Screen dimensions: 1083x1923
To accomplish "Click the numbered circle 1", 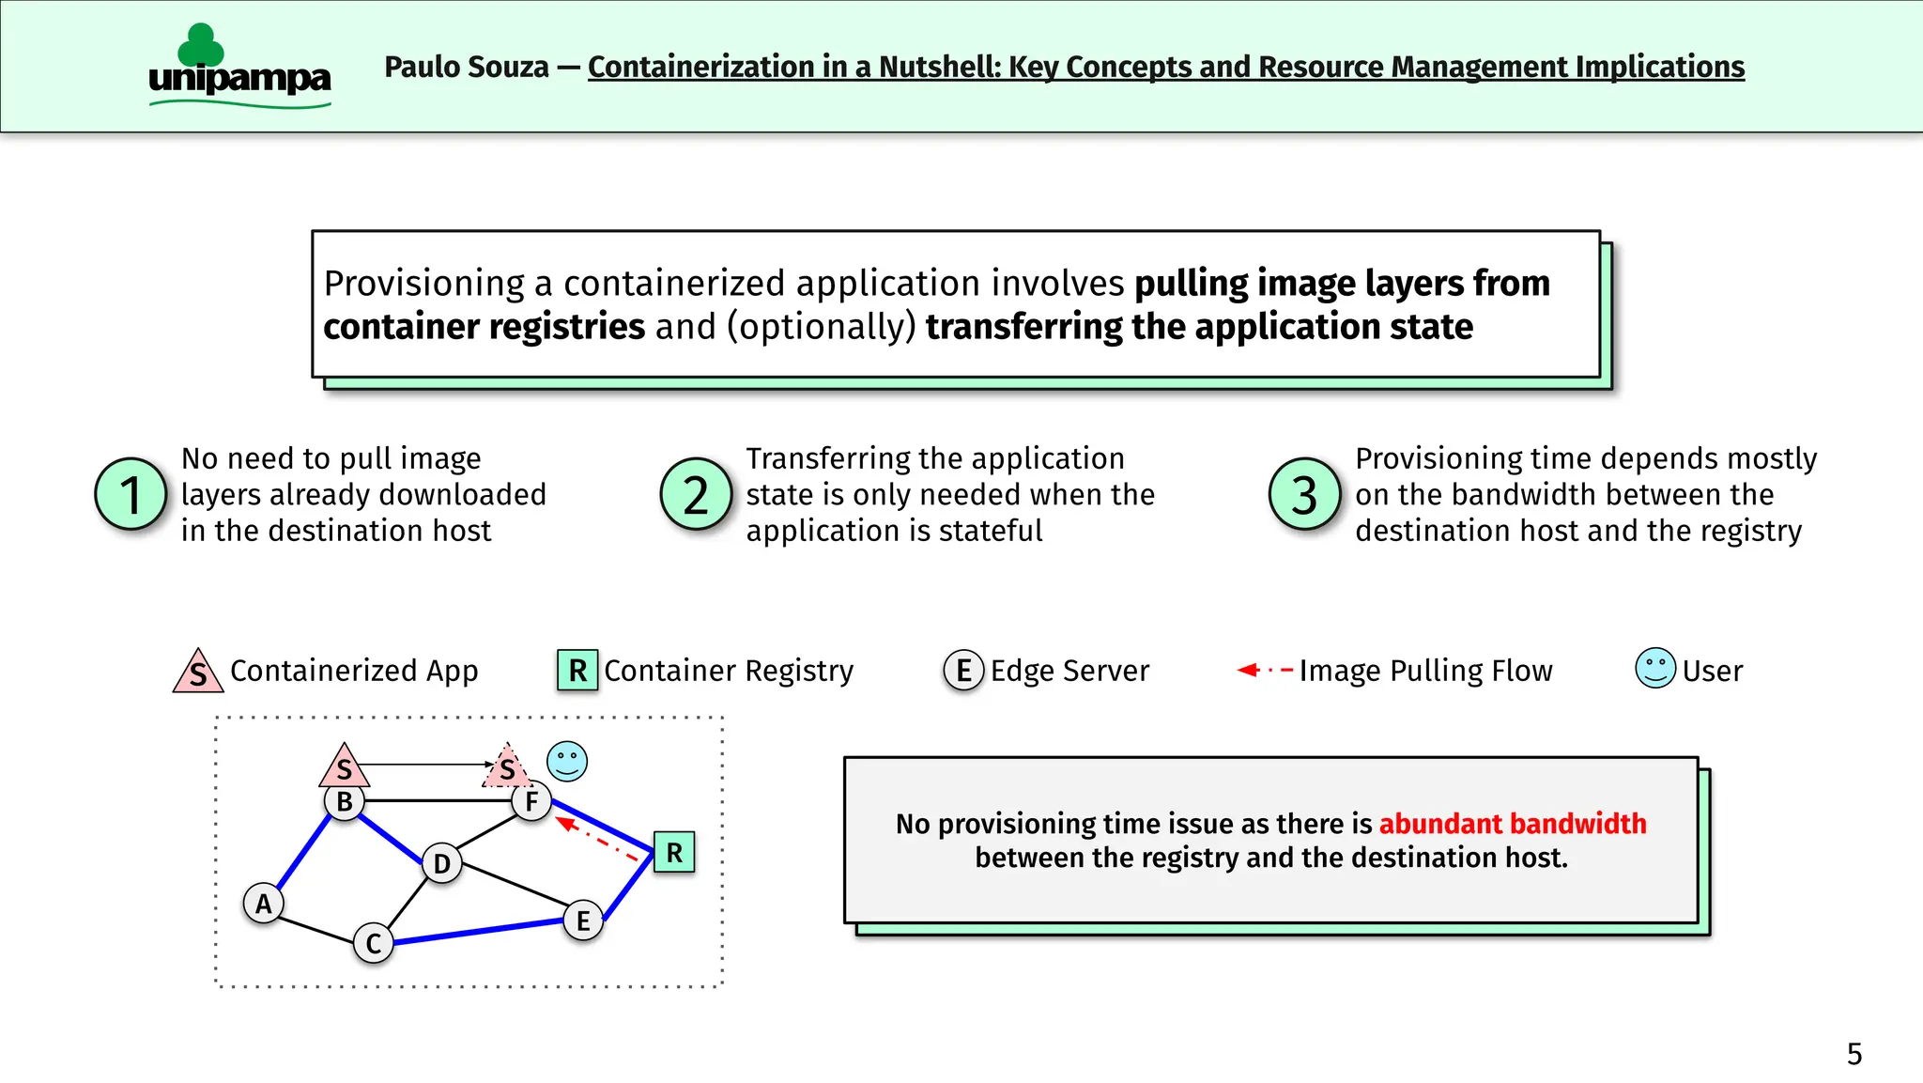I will (131, 494).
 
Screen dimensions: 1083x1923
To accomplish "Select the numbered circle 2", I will (696, 494).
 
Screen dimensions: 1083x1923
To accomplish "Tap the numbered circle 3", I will (1304, 494).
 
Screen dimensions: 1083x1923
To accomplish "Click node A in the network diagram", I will (263, 904).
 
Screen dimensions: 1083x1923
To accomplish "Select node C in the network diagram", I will (373, 943).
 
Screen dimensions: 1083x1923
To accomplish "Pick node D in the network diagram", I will (441, 863).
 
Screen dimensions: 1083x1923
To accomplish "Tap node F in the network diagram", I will (531, 801).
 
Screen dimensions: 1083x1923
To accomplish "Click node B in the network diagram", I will (344, 801).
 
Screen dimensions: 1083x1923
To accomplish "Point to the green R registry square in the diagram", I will (674, 852).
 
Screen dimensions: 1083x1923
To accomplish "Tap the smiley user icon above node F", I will (567, 761).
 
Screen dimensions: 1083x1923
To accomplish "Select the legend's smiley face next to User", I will (1655, 669).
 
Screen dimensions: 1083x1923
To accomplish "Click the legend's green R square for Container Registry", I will (577, 670).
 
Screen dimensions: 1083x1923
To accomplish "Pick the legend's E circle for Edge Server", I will (963, 670).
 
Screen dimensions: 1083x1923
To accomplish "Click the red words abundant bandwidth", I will (1512, 824).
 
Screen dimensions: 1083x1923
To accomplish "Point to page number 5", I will (1854, 1054).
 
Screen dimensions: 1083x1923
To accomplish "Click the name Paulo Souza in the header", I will (467, 68).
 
